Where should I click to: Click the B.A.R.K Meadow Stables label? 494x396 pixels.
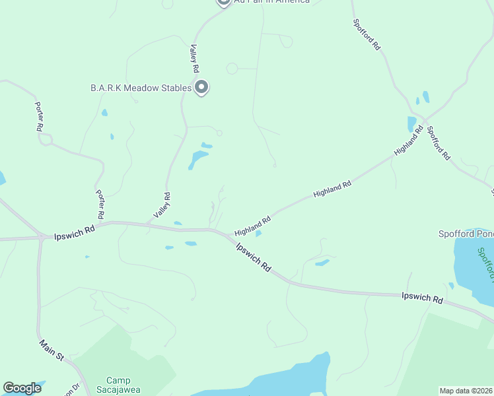pyautogui.click(x=141, y=88)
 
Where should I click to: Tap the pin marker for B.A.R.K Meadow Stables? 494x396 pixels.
pyautogui.click(x=202, y=87)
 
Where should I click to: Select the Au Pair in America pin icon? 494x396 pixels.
pyautogui.click(x=223, y=2)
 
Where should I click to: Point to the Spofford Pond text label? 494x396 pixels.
pyautogui.click(x=466, y=234)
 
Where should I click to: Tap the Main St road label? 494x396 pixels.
pyautogui.click(x=50, y=350)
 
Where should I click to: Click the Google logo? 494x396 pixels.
pyautogui.click(x=22, y=388)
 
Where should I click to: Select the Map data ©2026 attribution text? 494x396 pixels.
pyautogui.click(x=466, y=391)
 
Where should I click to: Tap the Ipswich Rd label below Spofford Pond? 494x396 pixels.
pyautogui.click(x=422, y=298)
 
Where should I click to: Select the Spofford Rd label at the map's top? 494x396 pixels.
pyautogui.click(x=367, y=34)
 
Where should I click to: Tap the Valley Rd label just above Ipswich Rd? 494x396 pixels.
pyautogui.click(x=162, y=205)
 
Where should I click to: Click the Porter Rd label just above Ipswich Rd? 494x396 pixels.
pyautogui.click(x=100, y=205)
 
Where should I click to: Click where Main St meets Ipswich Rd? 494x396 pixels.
pyautogui.click(x=41, y=237)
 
